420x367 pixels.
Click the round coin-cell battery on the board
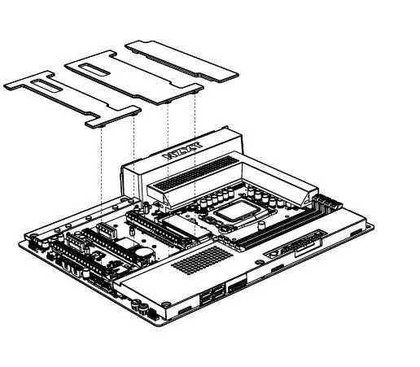tap(144, 254)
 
